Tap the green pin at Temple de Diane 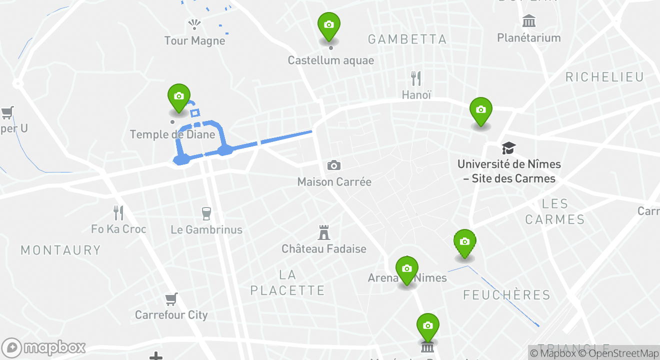tap(179, 97)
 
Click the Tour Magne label tap(194, 40)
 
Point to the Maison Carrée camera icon tap(333, 165)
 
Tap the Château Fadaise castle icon tap(324, 232)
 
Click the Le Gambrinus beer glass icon tap(206, 213)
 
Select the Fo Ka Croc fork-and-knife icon tap(118, 213)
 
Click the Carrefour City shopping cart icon tap(171, 299)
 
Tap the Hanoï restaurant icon tap(416, 78)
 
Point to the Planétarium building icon tap(528, 21)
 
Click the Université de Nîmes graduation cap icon tap(508, 148)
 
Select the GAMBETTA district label tap(407, 39)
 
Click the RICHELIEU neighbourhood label tap(604, 77)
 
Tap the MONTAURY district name tap(60, 250)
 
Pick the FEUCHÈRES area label tap(506, 295)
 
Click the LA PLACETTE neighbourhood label tap(287, 282)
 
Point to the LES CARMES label tap(555, 211)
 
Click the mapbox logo tap(43, 347)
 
